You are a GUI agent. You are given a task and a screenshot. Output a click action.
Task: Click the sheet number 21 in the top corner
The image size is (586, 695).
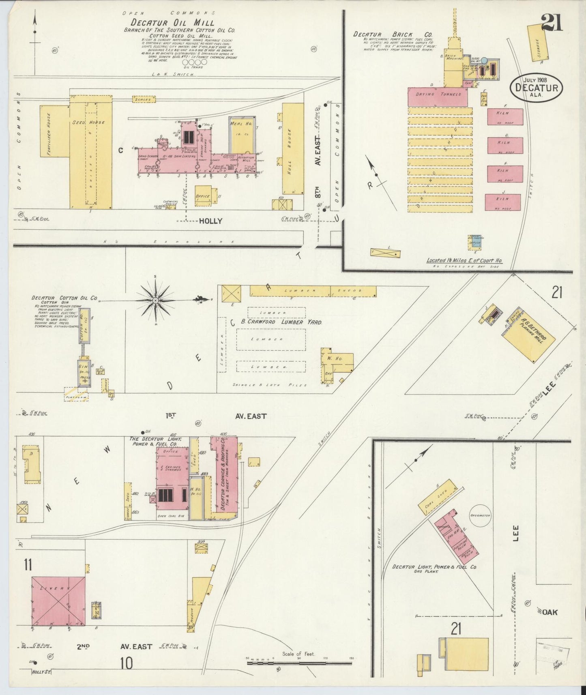(551, 22)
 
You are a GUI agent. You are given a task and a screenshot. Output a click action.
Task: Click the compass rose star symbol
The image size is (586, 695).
(155, 300)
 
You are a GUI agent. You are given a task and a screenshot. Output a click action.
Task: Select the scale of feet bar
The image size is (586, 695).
(299, 663)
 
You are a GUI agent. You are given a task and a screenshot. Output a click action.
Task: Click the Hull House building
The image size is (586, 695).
(293, 148)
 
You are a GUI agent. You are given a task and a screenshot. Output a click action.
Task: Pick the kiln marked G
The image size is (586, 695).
(504, 145)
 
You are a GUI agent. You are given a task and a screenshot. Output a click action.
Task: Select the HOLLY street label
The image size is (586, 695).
(210, 221)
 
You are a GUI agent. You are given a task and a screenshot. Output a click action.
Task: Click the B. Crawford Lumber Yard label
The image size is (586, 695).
(281, 322)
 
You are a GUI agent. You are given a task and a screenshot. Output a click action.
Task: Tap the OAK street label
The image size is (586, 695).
(550, 612)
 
